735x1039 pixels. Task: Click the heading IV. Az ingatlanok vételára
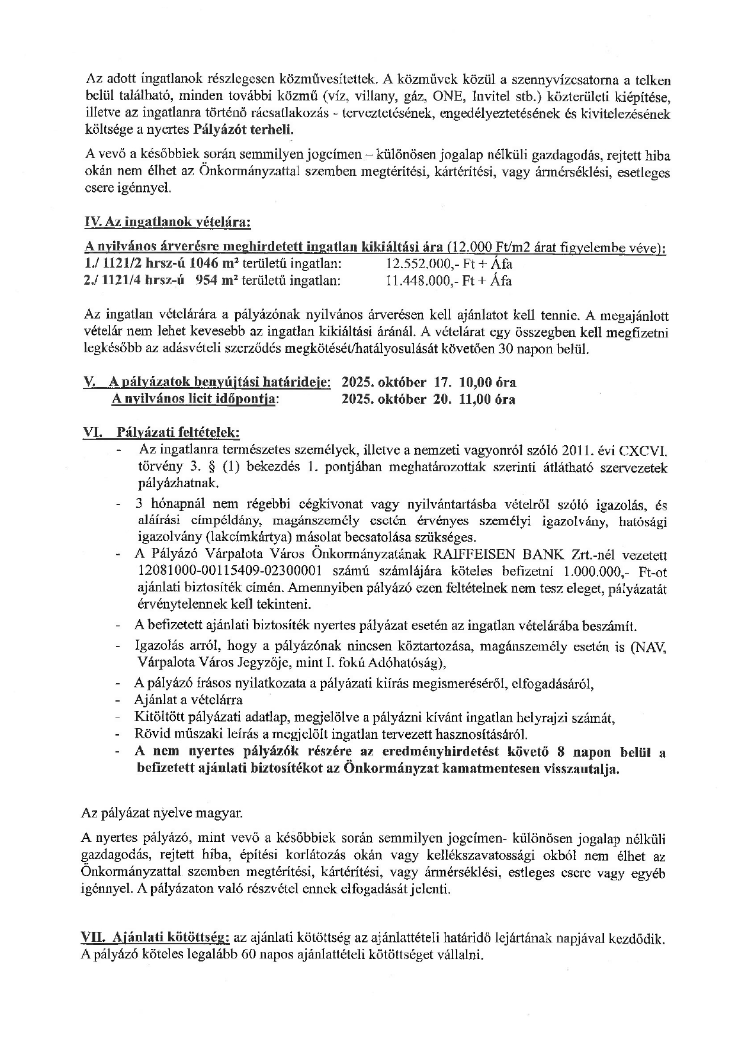click(x=168, y=223)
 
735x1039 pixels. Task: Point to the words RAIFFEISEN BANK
click(x=501, y=555)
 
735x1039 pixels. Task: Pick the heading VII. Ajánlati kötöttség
click(x=155, y=938)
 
